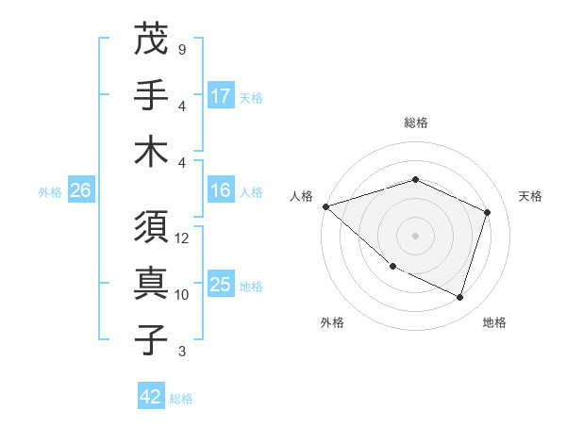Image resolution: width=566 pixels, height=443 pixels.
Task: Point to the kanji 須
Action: [x=151, y=229]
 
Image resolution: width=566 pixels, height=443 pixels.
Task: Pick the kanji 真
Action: [x=151, y=284]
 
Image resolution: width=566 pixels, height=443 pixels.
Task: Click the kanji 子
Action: [x=151, y=339]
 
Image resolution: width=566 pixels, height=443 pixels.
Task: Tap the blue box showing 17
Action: [x=221, y=95]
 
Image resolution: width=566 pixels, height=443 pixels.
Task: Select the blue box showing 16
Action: [x=221, y=190]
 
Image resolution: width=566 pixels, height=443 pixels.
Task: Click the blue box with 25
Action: [x=221, y=285]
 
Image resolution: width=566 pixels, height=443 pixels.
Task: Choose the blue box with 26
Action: [x=80, y=190]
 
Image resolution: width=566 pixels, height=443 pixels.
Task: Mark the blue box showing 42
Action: [x=151, y=397]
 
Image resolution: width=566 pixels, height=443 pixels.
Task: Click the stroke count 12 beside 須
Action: [x=182, y=238]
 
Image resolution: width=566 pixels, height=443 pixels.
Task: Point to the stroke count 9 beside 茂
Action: [x=181, y=49]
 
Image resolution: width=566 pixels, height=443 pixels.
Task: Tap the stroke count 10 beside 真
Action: [x=182, y=294]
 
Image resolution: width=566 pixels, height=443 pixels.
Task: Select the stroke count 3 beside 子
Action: [x=181, y=352]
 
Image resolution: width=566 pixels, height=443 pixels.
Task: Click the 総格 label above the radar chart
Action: [x=416, y=123]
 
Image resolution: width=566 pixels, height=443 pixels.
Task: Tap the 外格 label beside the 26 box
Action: [x=50, y=191]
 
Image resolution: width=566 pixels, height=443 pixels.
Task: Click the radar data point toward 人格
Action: [x=325, y=205]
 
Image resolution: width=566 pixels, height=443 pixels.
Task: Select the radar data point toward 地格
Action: [x=460, y=298]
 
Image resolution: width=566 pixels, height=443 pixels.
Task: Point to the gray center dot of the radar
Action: [x=416, y=235]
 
